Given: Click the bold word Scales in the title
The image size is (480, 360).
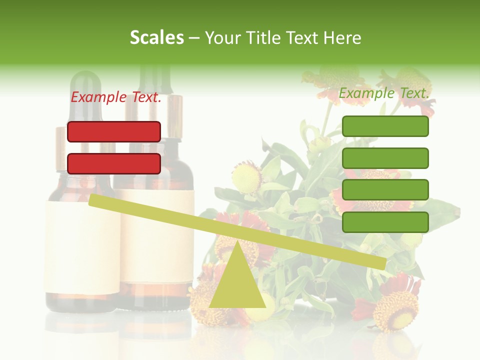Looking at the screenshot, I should pos(157,38).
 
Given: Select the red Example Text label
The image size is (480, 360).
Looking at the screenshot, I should pos(116,97).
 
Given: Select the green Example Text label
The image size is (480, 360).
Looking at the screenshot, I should pos(384,93).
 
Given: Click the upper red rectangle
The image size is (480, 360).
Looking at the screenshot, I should pos(114,131).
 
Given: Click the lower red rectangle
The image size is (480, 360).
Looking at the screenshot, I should pos(114,163).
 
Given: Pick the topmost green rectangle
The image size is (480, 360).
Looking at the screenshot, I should pos(385,126).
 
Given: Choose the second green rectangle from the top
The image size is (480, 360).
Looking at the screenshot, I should pos(385,158).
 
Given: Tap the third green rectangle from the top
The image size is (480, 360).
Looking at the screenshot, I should pos(385,190).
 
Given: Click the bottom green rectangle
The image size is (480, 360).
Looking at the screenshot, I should pos(385,222).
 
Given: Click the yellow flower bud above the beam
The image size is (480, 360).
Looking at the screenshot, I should pos(246,176).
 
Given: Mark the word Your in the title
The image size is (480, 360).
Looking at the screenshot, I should pos(222,38).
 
